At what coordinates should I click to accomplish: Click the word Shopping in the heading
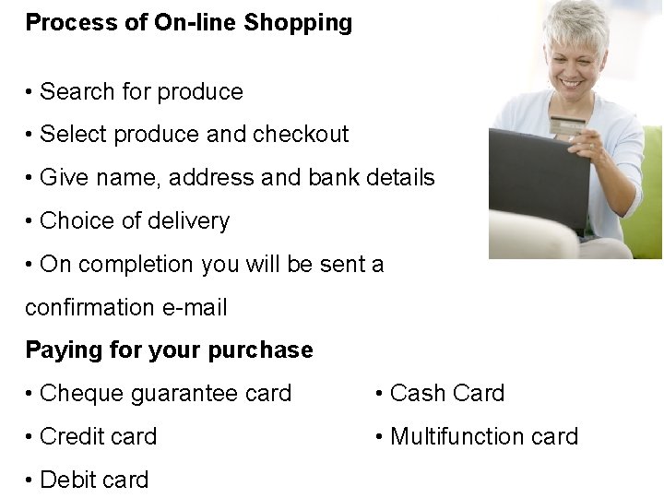click(x=298, y=23)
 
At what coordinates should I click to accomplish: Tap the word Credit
click(x=73, y=436)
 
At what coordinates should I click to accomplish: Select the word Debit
click(x=69, y=480)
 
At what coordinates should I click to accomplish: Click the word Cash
click(x=417, y=394)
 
